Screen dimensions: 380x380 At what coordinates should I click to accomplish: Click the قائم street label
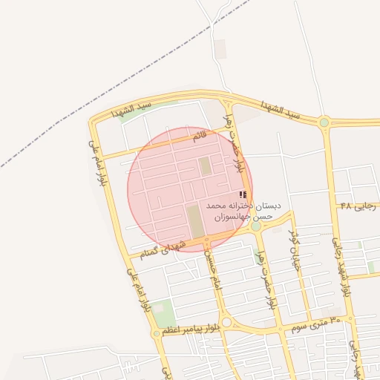point(198,137)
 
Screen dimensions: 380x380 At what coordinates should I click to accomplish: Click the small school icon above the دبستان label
point(243,194)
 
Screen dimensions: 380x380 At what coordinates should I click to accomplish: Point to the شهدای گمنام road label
point(164,248)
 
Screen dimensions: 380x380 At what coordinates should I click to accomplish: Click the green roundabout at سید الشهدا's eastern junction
point(324,122)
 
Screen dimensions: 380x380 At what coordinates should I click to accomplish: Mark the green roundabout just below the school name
point(256,227)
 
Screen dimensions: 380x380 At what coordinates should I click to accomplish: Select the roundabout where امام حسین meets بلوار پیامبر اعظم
point(226,322)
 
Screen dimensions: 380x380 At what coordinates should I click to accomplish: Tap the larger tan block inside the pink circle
point(194,221)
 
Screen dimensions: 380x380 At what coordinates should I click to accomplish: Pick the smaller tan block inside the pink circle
point(204,166)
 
